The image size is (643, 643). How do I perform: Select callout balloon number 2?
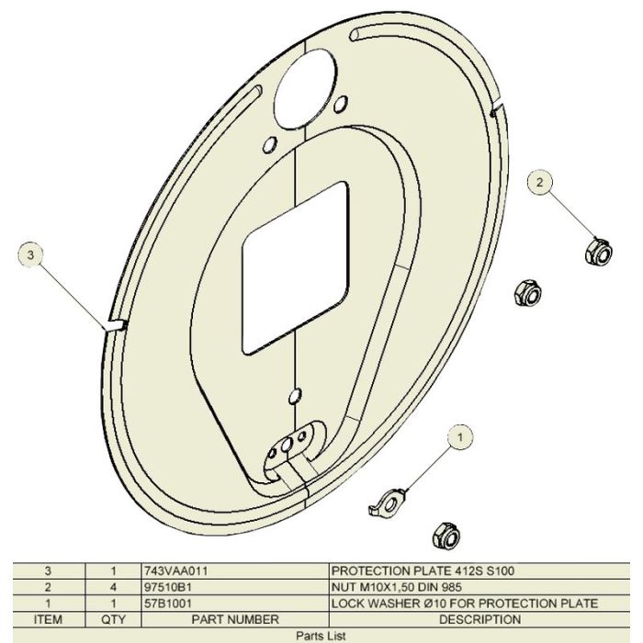pyautogui.click(x=540, y=183)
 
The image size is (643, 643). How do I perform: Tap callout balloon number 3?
pyautogui.click(x=32, y=254)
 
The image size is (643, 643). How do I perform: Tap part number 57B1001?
pyautogui.click(x=166, y=604)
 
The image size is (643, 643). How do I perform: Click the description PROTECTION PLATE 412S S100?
pyautogui.click(x=423, y=570)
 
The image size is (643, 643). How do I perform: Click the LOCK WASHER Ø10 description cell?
pyautogui.click(x=465, y=604)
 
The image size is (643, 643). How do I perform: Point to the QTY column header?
pyautogui.click(x=113, y=620)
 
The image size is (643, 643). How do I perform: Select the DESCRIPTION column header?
pyautogui.click(x=479, y=620)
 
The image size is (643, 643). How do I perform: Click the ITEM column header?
pyautogui.click(x=47, y=620)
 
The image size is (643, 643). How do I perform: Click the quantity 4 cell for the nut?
pyautogui.click(x=113, y=587)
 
